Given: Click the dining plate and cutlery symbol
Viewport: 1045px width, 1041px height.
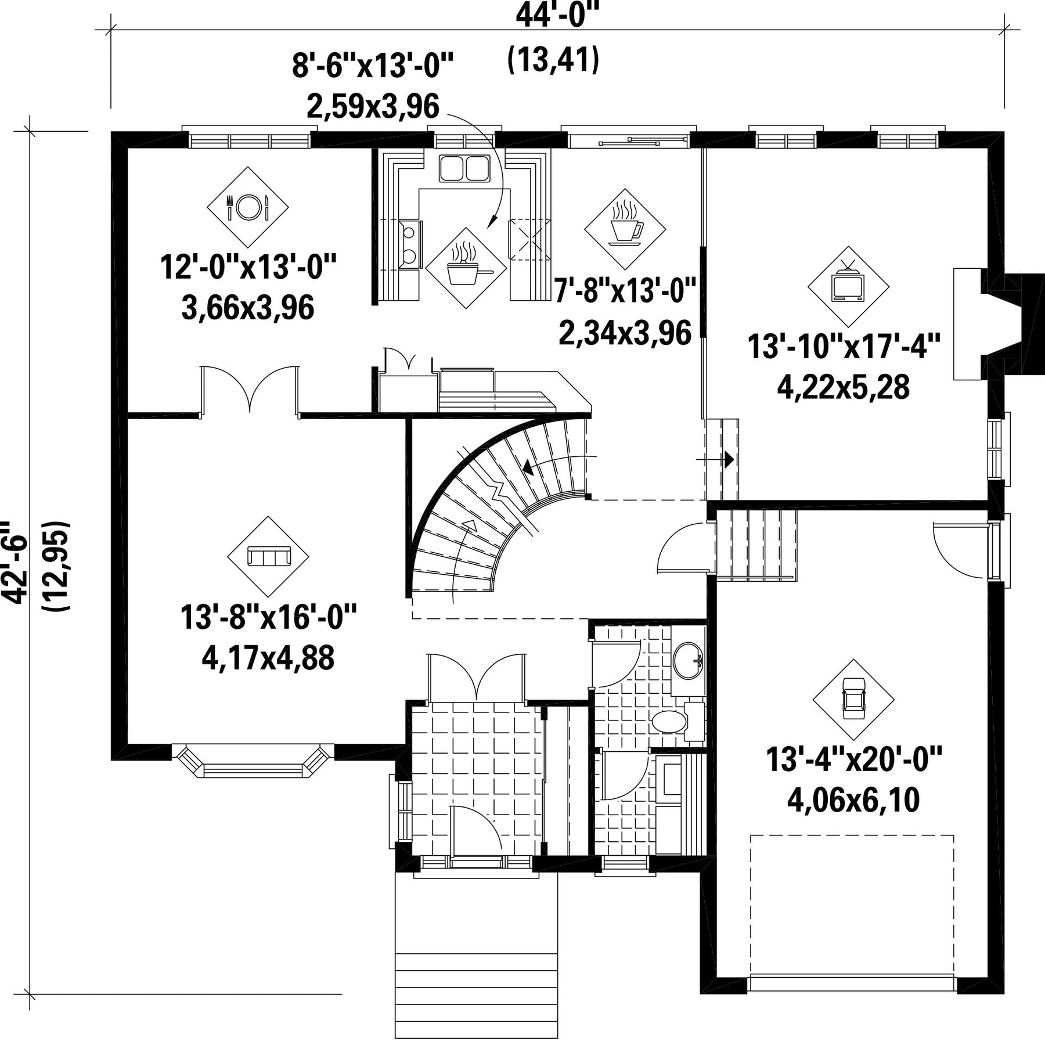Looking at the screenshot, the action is point(248,207).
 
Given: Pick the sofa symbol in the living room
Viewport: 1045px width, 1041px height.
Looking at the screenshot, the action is point(268,557).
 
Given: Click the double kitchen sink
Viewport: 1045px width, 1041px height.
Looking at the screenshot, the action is point(464,168).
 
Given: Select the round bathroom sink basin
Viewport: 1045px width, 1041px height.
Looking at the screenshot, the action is point(687,660).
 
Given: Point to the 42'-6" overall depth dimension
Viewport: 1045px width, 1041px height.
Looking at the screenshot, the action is point(16,563).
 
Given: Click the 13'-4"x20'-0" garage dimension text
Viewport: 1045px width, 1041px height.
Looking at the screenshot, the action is point(853,760).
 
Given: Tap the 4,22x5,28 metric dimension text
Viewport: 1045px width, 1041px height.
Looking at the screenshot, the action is point(844,387).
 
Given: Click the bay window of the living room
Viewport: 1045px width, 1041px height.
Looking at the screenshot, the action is point(253,761).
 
